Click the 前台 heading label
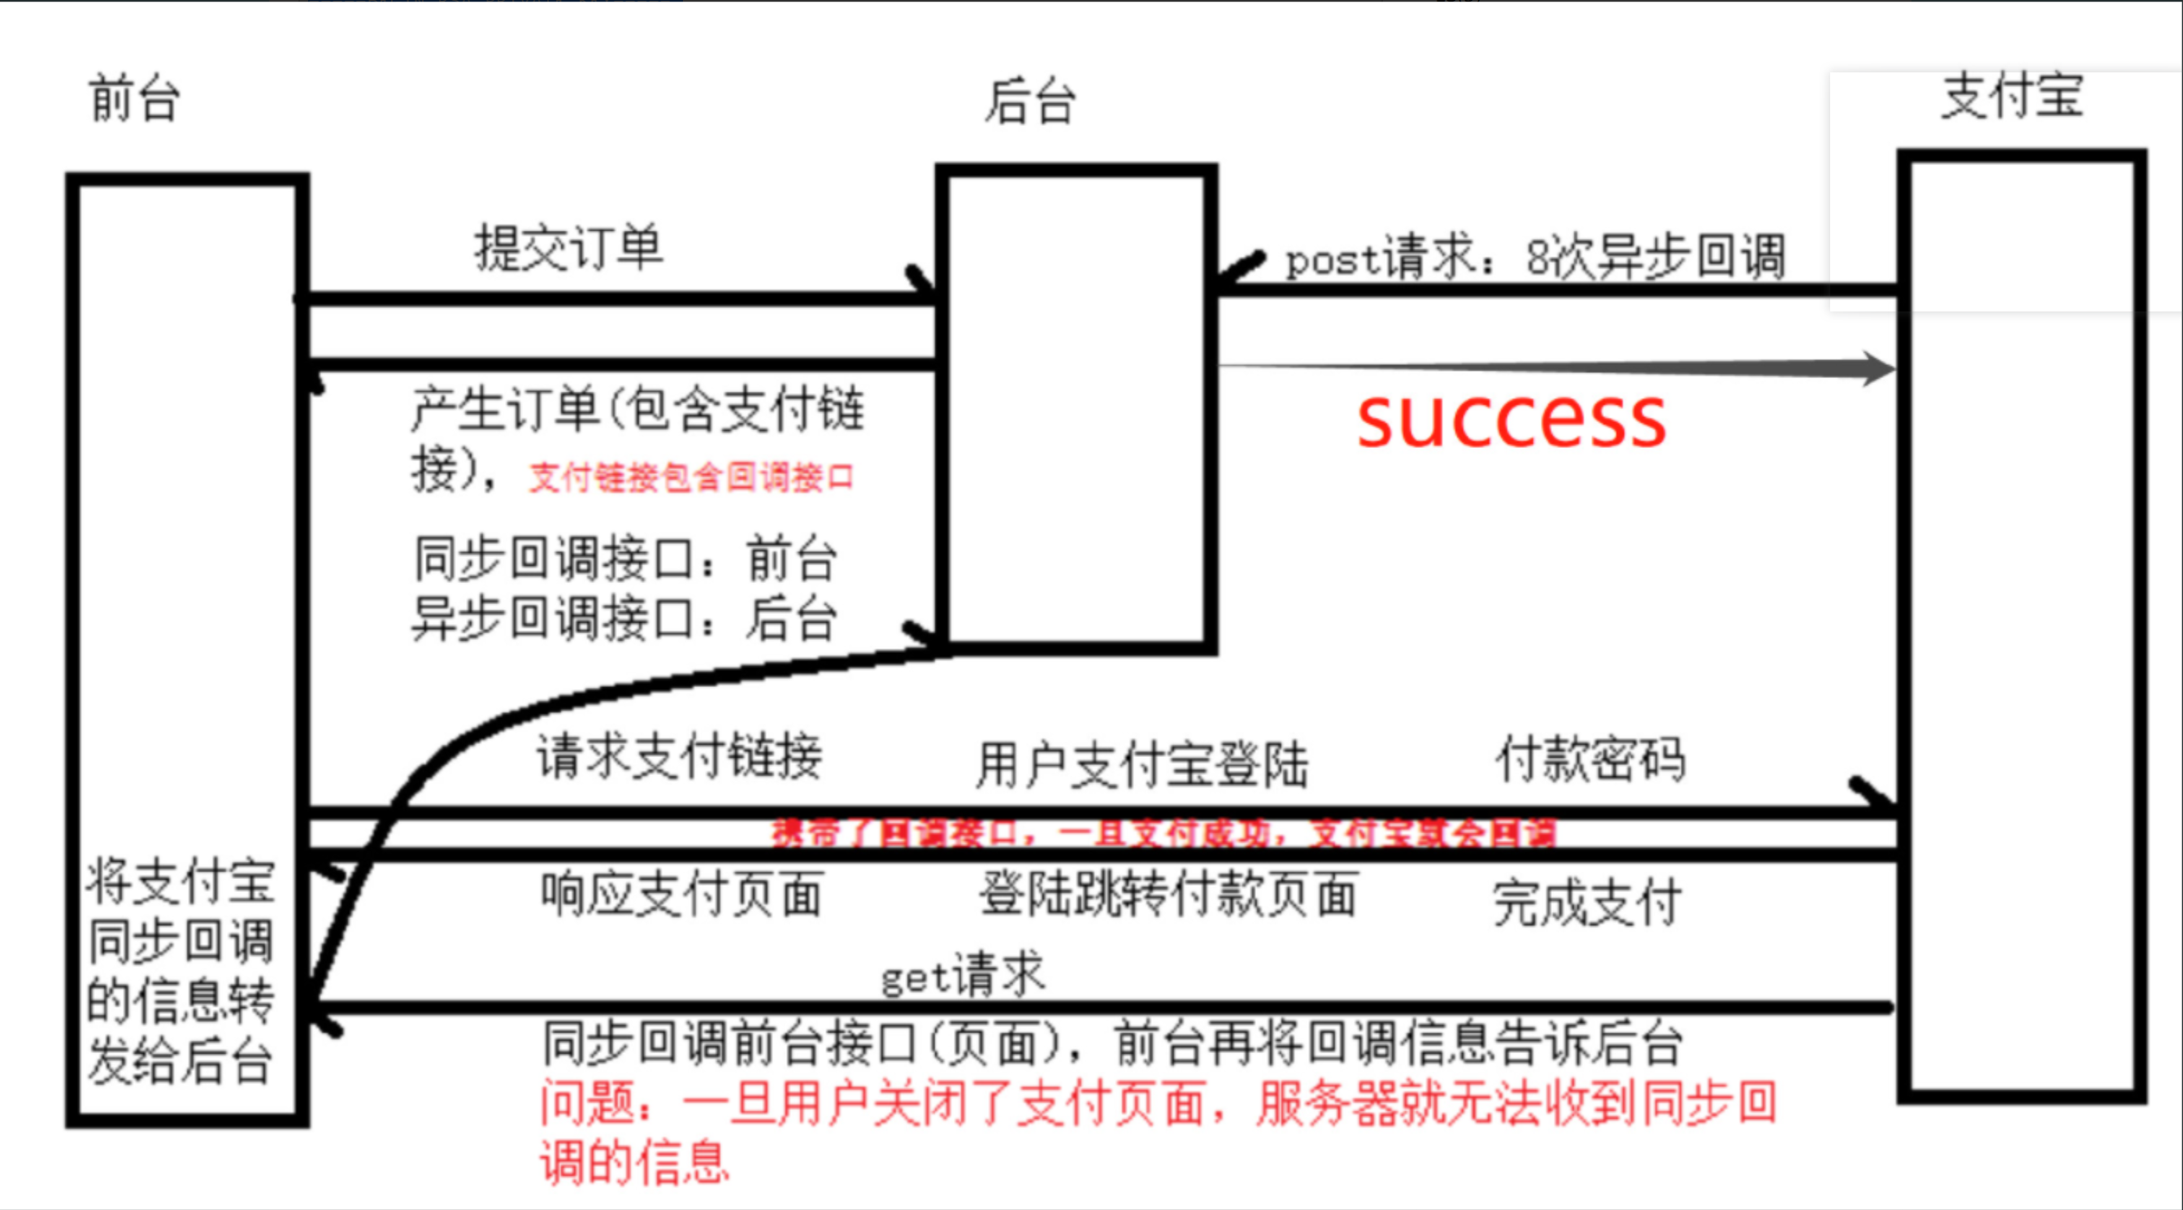[134, 98]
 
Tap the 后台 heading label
[1029, 102]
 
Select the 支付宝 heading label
[2011, 96]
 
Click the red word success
[1511, 420]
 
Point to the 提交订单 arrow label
[567, 248]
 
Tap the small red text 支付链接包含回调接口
[690, 478]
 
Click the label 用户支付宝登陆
[1142, 764]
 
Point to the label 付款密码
[1589, 759]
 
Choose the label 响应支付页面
[682, 894]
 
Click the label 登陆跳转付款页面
[1168, 894]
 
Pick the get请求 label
[963, 975]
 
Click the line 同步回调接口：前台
[625, 559]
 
